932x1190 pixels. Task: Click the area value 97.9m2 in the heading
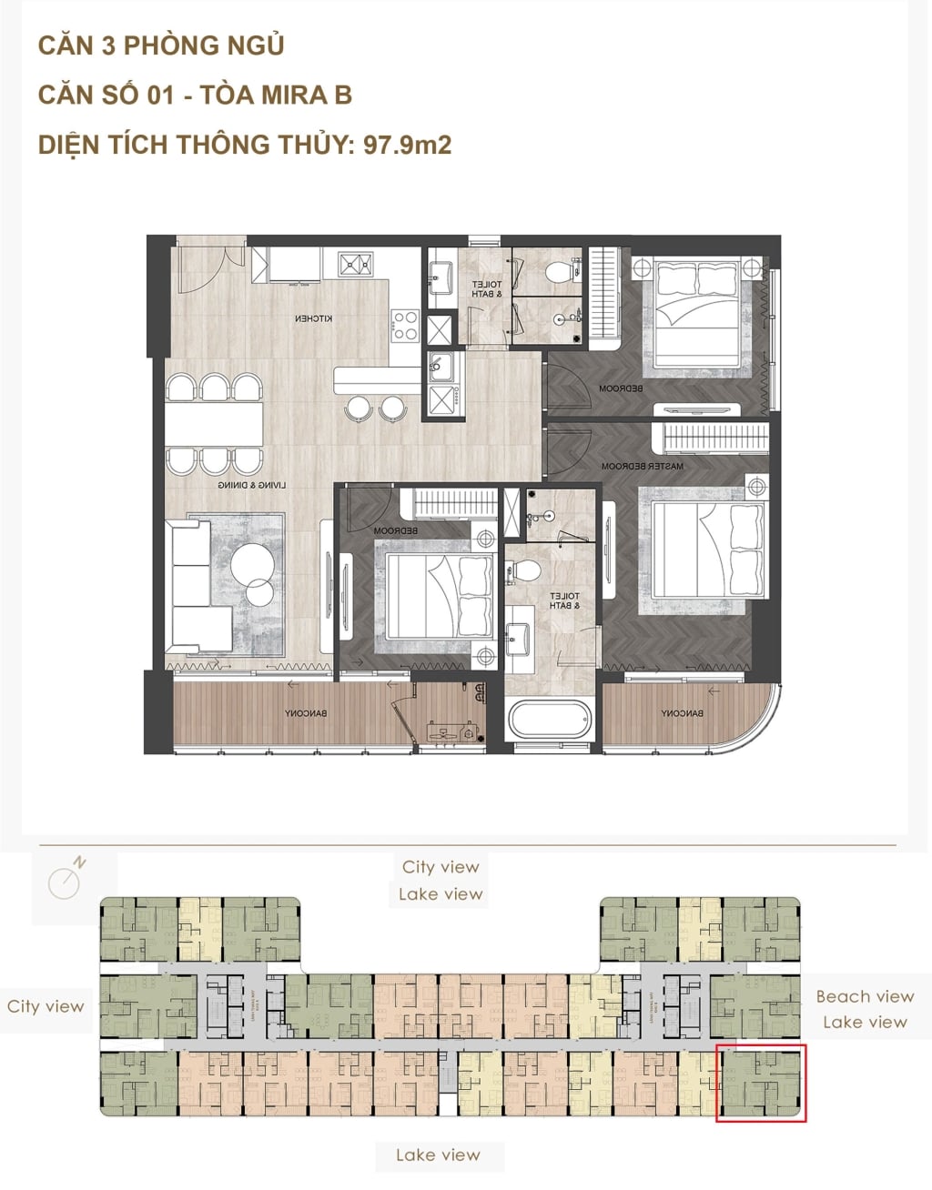click(407, 145)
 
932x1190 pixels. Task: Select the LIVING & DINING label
click(251, 486)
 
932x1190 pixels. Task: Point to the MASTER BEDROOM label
click(642, 467)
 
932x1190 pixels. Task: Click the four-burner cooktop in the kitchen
click(405, 326)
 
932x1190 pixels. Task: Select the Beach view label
click(864, 996)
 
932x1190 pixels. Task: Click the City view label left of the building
click(46, 1006)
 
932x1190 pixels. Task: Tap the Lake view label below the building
click(438, 1155)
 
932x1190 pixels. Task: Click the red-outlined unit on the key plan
click(761, 1083)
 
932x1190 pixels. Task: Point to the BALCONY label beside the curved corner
click(681, 713)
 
